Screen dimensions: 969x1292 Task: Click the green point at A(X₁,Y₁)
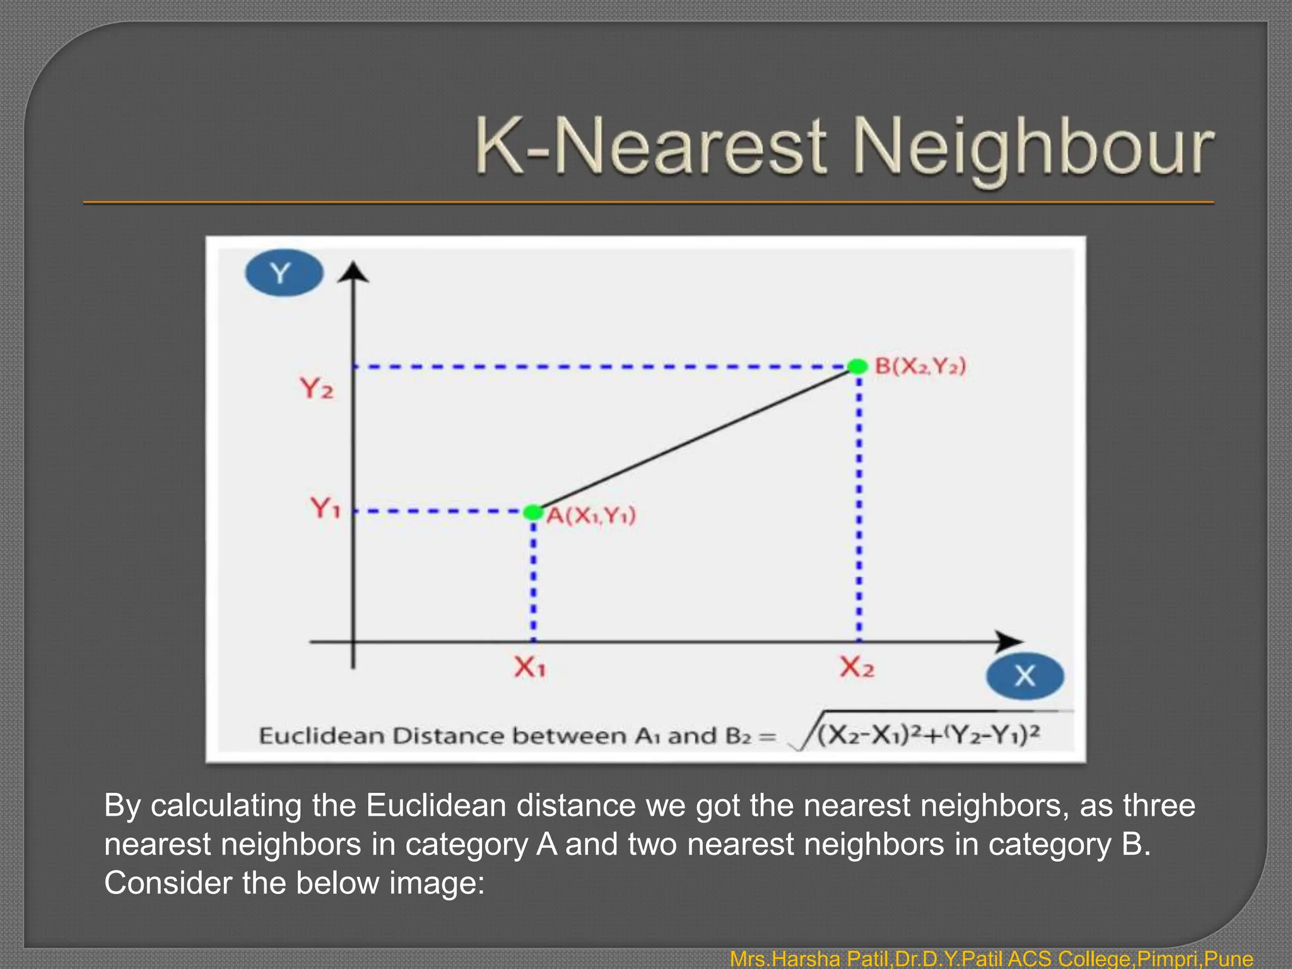coord(533,512)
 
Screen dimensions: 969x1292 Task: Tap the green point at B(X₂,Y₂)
coord(858,367)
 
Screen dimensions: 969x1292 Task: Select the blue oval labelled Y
coord(284,273)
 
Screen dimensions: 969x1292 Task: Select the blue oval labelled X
coord(1025,676)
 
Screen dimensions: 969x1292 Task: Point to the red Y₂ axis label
coord(316,388)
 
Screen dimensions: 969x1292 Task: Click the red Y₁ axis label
coord(325,507)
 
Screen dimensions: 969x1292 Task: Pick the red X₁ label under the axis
coord(529,667)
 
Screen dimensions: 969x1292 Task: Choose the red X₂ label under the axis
coord(857,667)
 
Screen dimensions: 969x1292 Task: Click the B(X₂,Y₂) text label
coord(920,366)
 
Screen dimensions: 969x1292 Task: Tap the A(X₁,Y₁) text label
coord(591,516)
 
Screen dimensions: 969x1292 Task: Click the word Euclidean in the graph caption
coord(321,736)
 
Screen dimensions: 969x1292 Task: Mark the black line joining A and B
coord(694,440)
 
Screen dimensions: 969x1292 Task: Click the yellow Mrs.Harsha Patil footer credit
coord(990,959)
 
